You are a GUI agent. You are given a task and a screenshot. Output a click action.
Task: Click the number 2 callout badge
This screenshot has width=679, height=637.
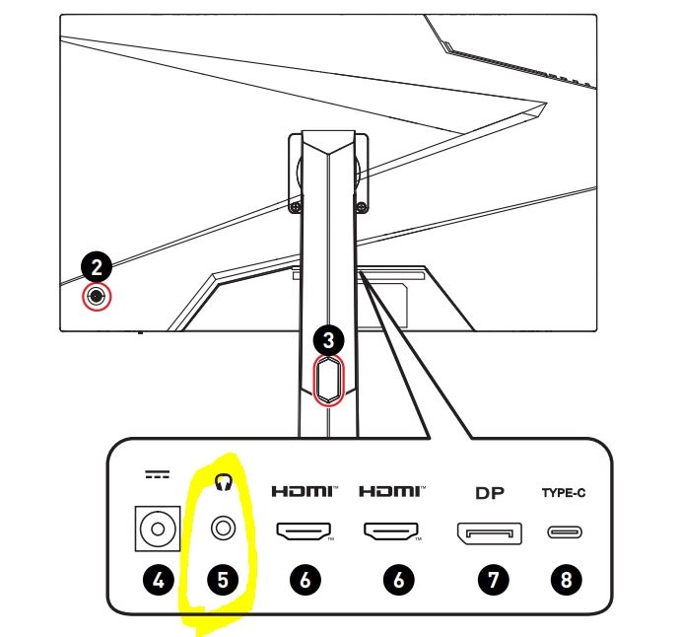(97, 266)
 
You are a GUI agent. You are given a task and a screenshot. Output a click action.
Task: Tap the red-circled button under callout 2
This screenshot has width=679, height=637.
(97, 297)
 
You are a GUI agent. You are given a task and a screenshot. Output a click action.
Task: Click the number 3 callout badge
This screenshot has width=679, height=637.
(329, 340)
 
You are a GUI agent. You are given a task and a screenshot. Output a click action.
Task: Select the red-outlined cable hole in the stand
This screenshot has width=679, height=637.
(329, 380)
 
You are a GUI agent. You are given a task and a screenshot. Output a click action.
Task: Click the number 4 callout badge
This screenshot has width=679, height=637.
(159, 580)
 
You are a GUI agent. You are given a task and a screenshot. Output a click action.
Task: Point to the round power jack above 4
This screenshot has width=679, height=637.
(158, 529)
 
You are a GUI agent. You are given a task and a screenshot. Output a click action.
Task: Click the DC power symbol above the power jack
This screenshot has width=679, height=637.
(158, 474)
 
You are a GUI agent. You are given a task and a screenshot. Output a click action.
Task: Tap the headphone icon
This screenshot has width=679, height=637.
(224, 481)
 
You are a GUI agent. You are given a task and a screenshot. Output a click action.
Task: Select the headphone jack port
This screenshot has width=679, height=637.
(224, 529)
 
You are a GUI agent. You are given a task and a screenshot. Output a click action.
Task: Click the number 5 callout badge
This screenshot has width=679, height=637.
(223, 580)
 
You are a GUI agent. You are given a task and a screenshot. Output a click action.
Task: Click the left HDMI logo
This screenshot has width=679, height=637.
(305, 491)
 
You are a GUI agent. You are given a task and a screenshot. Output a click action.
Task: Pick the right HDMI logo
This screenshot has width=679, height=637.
(392, 491)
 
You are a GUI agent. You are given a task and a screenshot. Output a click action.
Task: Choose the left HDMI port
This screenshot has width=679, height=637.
(304, 531)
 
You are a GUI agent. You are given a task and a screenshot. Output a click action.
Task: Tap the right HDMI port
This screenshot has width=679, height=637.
(391, 531)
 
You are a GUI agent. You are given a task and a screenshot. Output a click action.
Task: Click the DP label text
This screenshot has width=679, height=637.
(490, 493)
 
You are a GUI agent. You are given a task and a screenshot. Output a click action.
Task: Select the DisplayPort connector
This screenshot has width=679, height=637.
(490, 533)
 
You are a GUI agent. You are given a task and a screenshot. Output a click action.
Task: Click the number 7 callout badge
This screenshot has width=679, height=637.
(493, 580)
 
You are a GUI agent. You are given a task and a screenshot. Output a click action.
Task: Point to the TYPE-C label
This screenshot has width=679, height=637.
(564, 493)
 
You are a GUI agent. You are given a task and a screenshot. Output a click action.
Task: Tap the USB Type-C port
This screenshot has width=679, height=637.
(565, 531)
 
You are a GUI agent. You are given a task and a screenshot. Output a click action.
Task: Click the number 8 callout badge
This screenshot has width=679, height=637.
(566, 580)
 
